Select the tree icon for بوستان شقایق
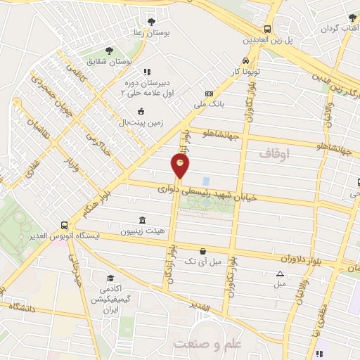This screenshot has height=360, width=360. pyautogui.click(x=109, y=50)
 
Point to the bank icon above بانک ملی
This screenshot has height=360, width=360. pyautogui.click(x=209, y=94)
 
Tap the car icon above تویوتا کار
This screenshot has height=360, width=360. pyautogui.click(x=245, y=60)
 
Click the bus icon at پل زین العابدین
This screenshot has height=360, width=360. pyautogui.click(x=267, y=30)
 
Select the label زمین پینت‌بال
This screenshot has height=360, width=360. pyautogui.click(x=141, y=122)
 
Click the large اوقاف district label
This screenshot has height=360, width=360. pyautogui.click(x=274, y=153)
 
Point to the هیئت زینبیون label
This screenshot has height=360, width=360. pyautogui.click(x=143, y=230)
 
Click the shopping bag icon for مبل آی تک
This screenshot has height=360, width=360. pyautogui.click(x=203, y=250)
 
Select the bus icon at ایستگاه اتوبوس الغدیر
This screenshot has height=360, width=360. pyautogui.click(x=65, y=226)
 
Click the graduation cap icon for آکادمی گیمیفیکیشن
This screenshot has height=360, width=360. pyautogui.click(x=110, y=278)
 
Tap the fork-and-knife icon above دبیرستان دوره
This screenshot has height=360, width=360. pyautogui.click(x=147, y=72)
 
